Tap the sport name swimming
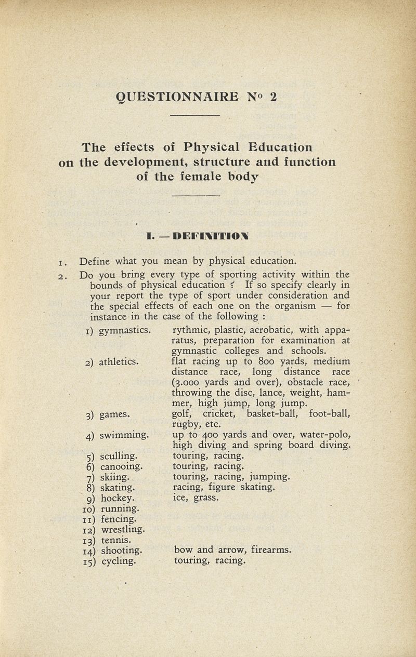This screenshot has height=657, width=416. tap(125, 435)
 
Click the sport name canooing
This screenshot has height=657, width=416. tap(121, 467)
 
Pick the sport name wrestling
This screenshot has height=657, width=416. tap(122, 530)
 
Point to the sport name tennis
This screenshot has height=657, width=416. tap(115, 541)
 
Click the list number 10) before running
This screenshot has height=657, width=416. tap(86, 509)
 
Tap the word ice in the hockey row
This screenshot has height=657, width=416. tap(180, 498)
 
